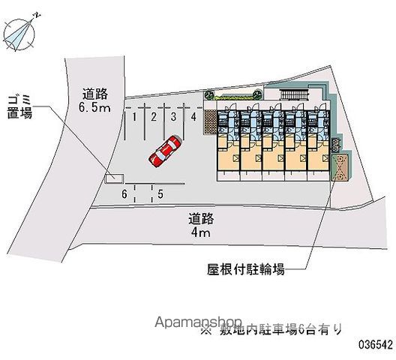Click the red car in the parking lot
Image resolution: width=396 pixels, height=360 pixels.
tap(165, 151)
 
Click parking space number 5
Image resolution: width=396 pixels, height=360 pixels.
tap(160, 194)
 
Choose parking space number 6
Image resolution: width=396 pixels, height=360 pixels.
tap(124, 194)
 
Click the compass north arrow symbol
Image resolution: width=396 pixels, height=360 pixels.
tap(19, 33)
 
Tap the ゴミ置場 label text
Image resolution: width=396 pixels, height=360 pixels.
tap(19, 106)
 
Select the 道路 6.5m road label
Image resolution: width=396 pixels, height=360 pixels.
tap(94, 100)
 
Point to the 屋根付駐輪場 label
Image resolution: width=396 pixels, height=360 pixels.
tap(245, 269)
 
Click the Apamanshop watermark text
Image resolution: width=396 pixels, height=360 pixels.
tap(199, 322)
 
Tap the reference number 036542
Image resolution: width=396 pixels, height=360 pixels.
tap(376, 344)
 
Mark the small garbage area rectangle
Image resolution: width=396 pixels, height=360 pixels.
tap(114, 178)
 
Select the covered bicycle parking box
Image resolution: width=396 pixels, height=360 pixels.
tap(340, 167)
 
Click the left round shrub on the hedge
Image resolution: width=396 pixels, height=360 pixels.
tap(209, 95)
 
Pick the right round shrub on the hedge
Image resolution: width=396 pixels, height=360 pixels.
tap(258, 94)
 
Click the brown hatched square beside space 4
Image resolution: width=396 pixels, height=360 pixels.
tap(210, 121)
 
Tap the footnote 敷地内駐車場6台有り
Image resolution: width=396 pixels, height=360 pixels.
tap(271, 329)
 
